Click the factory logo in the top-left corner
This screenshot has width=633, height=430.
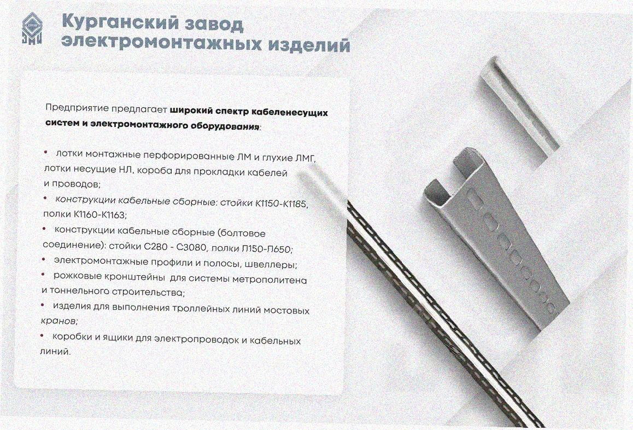click(32, 28)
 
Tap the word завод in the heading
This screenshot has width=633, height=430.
click(214, 25)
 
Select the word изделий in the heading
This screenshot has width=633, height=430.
click(309, 45)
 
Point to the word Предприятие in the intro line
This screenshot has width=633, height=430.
click(77, 108)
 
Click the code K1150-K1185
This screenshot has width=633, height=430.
click(282, 204)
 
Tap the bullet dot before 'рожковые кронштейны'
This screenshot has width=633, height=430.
click(43, 275)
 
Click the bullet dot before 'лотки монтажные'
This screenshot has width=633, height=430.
click(45, 152)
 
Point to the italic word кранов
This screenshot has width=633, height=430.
click(59, 321)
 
